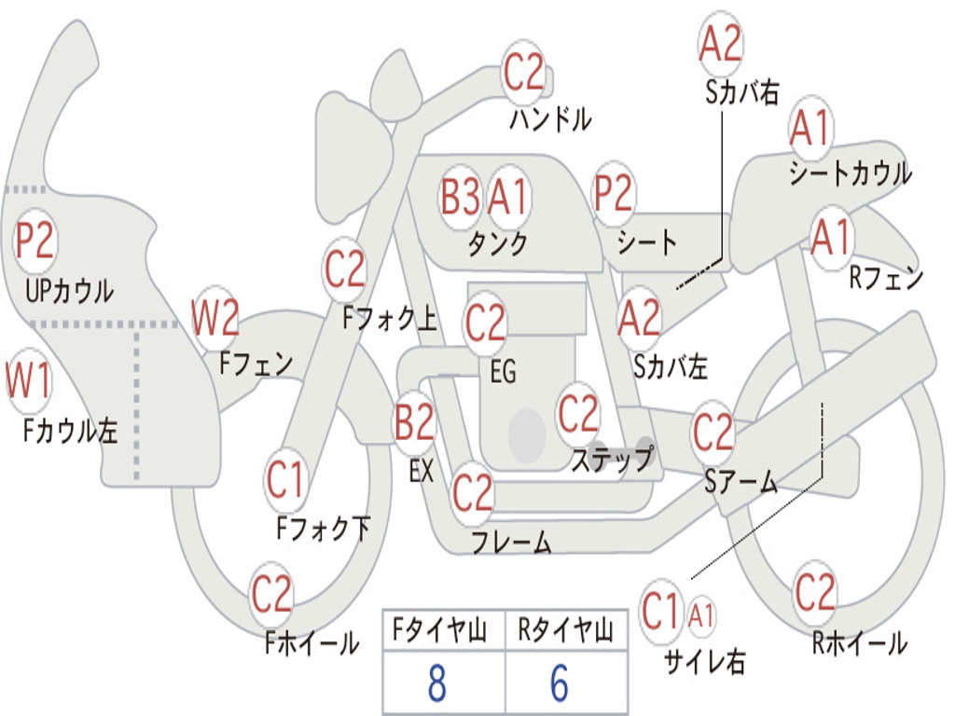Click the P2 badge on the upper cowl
35,241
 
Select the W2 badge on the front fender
215,318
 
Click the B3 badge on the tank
461,197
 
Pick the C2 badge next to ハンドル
523,72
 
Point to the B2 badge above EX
414,423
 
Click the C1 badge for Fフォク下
285,481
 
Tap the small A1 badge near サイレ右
702,614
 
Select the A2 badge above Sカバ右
721,44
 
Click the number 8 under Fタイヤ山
436,683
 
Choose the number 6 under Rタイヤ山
560,683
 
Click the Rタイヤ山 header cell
565,632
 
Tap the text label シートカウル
850,173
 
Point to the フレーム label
511,542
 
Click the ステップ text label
612,460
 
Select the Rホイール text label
859,642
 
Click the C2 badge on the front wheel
271,594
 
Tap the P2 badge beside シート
614,193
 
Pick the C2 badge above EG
485,323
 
